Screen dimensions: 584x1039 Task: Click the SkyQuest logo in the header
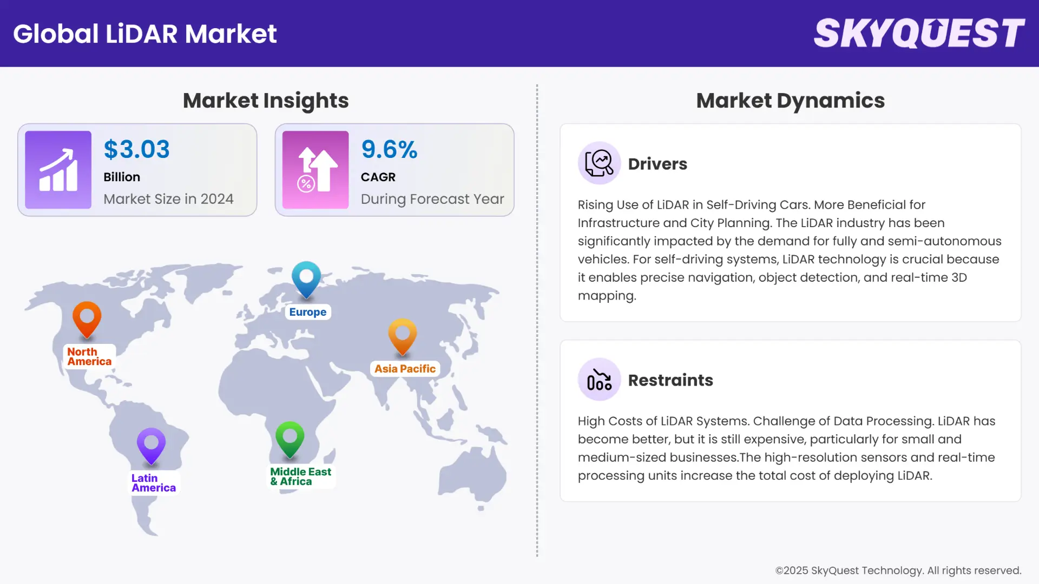point(919,34)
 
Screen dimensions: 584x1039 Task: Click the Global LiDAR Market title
point(145,34)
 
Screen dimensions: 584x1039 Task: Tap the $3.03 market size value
point(136,149)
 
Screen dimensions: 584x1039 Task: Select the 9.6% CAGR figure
point(389,149)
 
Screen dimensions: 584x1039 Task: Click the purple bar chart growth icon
point(58,170)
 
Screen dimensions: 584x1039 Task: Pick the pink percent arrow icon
point(315,170)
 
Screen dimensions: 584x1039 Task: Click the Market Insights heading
point(266,101)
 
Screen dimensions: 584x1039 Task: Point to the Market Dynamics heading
point(790,101)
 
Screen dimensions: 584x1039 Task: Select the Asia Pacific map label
point(405,369)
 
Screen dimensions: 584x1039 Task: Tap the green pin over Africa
point(290,437)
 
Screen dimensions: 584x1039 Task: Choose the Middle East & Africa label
point(300,476)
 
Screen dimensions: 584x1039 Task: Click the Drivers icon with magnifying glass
point(599,163)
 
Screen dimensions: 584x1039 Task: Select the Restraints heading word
point(670,380)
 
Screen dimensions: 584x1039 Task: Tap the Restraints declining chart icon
point(599,380)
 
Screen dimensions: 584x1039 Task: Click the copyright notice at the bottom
point(898,570)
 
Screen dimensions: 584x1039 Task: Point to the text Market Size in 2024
point(168,199)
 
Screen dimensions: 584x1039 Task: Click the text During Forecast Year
point(432,199)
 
